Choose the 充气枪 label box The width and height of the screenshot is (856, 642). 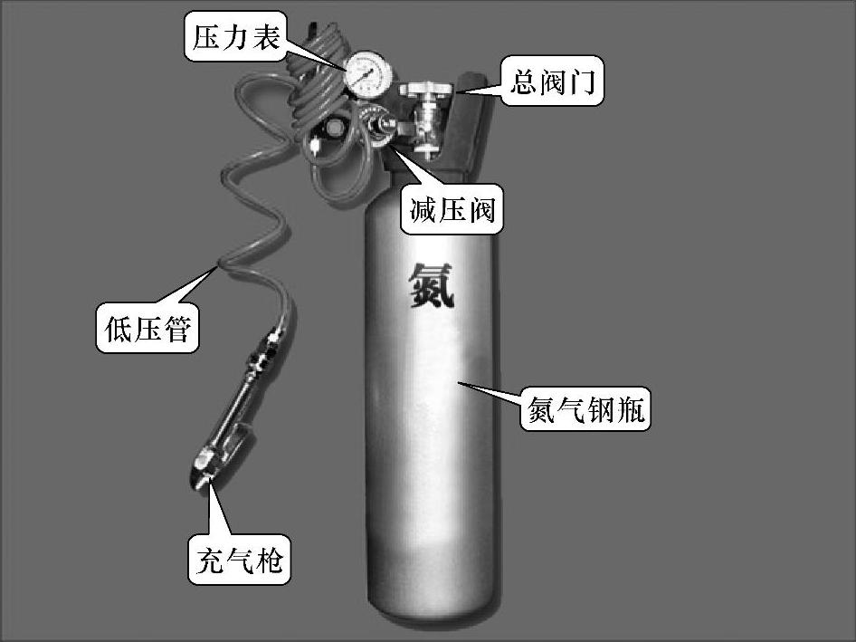point(240,559)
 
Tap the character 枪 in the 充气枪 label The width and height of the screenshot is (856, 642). point(270,559)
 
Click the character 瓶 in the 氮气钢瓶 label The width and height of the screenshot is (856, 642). point(632,412)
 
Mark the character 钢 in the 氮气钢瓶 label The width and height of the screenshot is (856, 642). point(602,412)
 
